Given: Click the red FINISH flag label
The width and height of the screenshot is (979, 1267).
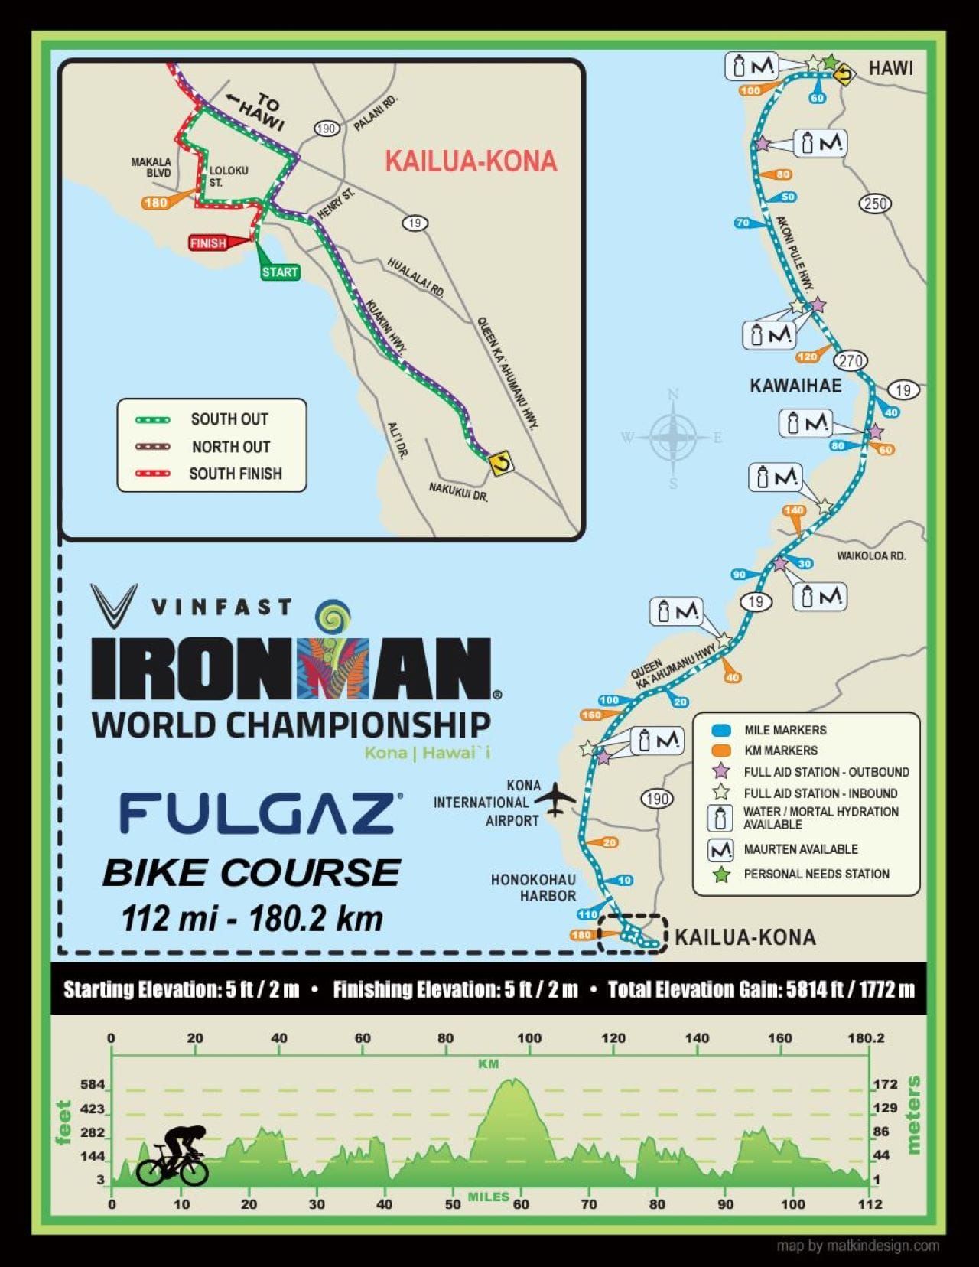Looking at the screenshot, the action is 209,243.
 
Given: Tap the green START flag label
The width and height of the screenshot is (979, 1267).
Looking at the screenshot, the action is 279,272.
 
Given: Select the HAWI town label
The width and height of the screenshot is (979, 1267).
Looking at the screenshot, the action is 890,68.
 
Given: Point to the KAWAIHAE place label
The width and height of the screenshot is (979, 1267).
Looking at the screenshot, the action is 795,386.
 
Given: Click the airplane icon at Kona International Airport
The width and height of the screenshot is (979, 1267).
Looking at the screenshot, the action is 555,799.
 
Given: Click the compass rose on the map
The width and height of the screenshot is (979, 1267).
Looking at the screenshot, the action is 672,438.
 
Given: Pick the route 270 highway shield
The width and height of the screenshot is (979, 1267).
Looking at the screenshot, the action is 850,360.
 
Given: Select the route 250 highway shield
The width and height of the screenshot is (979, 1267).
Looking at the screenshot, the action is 875,204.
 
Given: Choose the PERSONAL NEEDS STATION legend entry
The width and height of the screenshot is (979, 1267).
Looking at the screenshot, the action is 816,874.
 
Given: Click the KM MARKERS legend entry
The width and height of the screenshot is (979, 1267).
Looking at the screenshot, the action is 780,751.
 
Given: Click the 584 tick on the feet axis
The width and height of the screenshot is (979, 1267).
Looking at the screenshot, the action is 93,1085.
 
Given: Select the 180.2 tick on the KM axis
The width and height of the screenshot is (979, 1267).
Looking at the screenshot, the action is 866,1038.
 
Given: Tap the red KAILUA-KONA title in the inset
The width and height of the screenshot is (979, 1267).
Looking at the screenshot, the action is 470,161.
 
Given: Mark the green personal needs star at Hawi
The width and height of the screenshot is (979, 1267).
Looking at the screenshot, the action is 830,61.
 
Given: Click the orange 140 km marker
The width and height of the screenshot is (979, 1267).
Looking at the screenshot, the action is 794,510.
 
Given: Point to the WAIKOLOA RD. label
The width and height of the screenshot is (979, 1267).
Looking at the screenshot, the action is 870,555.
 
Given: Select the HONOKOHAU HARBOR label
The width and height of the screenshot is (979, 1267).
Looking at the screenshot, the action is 533,888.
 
